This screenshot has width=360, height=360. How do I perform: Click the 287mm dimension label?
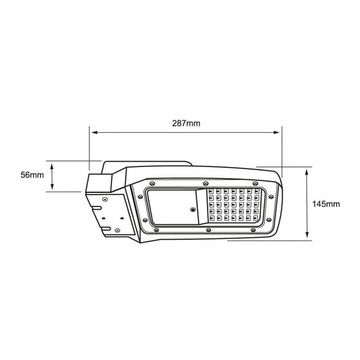click(x=186, y=123)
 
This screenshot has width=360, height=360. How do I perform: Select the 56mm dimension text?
click(x=32, y=175)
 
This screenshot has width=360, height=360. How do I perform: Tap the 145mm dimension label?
click(x=326, y=204)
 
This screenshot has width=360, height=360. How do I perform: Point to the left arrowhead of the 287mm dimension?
click(x=94, y=132)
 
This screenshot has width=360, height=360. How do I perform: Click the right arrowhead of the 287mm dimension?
click(x=277, y=132)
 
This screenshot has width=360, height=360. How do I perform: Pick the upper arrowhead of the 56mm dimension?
click(x=52, y=166)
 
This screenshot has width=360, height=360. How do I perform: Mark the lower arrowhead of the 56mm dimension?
click(x=52, y=187)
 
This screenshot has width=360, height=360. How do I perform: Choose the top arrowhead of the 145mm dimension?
click(x=307, y=172)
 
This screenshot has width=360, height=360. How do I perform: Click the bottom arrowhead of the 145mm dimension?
click(x=307, y=235)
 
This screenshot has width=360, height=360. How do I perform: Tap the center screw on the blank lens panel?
click(x=193, y=210)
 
